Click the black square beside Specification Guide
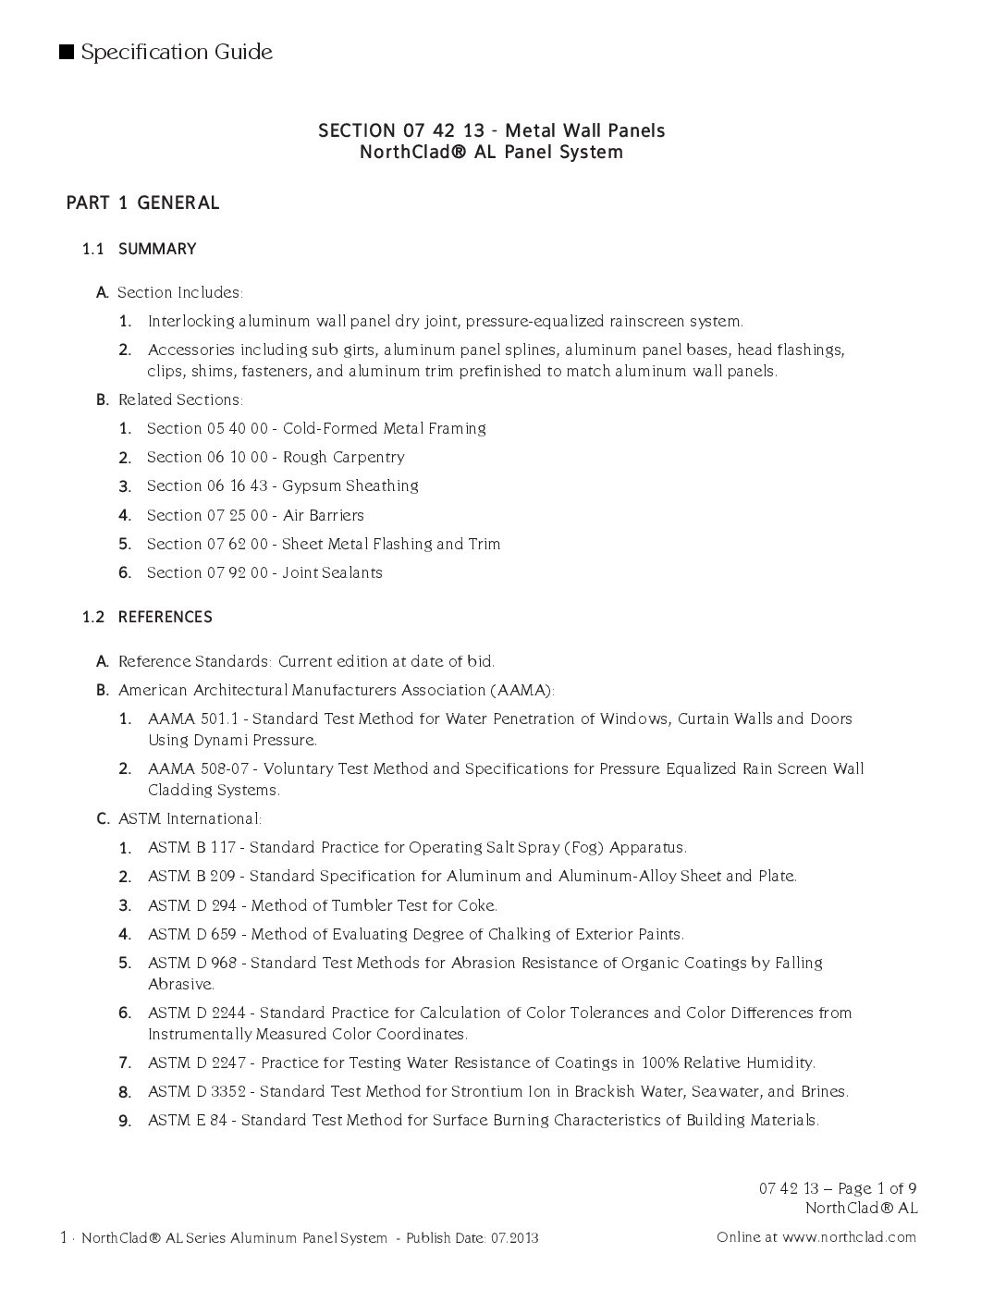(x=67, y=52)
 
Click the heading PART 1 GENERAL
(x=142, y=203)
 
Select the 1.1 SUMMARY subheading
(x=139, y=249)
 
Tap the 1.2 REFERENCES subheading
(x=147, y=617)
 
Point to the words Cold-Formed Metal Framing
(x=384, y=428)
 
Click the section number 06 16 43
(x=235, y=485)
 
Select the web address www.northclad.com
(x=849, y=1236)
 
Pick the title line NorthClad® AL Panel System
(x=491, y=152)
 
